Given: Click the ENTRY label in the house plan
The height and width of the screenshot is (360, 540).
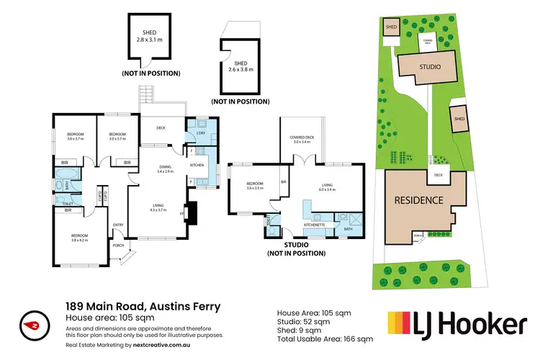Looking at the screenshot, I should (118, 225).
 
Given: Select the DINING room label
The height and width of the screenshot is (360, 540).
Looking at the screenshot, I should (166, 168).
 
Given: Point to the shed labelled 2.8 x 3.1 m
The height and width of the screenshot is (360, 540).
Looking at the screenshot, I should (150, 36).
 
